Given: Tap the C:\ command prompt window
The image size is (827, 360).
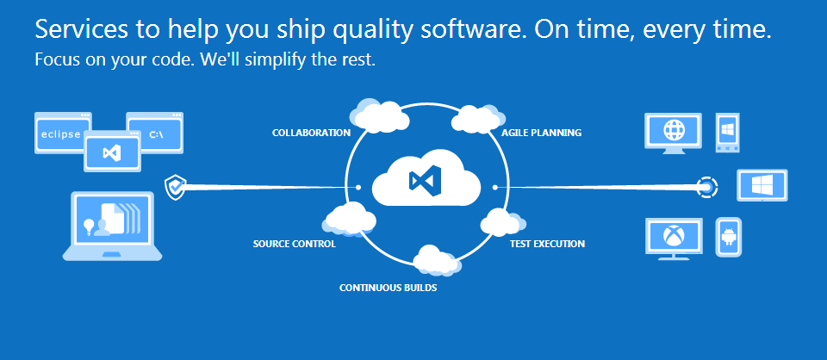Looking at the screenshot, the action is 155,133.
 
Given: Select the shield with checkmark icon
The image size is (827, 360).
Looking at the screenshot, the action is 175,188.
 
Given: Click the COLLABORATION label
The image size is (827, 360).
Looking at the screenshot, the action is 311,133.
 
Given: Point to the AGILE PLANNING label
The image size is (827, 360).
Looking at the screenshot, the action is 541,133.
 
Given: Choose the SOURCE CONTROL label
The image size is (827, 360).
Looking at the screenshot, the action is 295,244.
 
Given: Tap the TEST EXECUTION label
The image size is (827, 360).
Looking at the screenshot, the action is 547,244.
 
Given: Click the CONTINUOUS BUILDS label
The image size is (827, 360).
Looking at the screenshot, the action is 388,289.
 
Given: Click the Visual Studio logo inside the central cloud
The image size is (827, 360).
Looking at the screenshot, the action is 425,181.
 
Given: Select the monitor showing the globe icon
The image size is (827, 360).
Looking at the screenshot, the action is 674,133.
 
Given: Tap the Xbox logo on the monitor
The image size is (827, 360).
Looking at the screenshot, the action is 674,235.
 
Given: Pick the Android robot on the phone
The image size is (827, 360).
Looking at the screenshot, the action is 729,237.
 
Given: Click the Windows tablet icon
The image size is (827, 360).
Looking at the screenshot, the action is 762,185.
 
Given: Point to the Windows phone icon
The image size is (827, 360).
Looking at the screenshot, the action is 728,133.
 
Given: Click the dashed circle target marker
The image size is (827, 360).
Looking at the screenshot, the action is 706,187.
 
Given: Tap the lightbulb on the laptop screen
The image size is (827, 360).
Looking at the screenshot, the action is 89,225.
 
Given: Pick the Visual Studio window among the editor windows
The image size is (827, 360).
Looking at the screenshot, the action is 112,152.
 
